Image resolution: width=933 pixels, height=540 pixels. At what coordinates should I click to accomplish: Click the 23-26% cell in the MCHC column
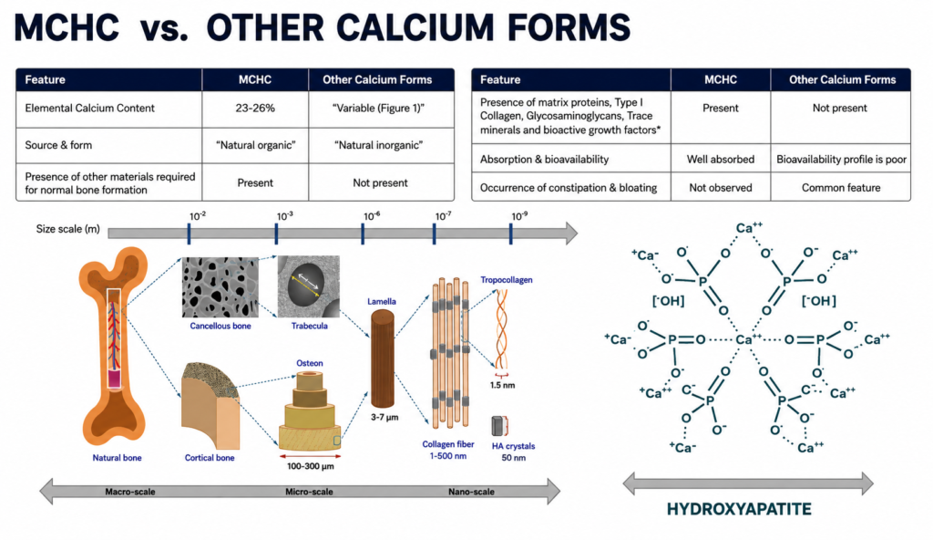click(255, 109)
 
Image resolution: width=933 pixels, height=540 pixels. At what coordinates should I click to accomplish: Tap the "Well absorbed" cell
click(720, 159)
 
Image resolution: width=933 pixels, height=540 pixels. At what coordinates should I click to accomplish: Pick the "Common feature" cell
click(841, 188)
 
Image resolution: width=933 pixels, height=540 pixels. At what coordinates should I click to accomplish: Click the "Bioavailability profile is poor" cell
click(841, 159)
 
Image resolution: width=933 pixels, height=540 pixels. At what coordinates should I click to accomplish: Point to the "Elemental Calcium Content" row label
click(90, 108)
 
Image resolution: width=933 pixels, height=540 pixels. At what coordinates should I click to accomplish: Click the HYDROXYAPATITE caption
click(739, 509)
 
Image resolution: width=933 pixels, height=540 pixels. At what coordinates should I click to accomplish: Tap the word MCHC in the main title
click(67, 27)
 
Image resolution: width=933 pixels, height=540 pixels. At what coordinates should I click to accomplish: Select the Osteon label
click(310, 363)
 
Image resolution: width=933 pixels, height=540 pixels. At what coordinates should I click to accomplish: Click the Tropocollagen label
click(507, 279)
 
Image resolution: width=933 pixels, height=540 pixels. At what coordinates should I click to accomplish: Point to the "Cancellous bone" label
click(220, 326)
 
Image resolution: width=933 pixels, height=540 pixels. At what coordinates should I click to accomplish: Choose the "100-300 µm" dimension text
click(310, 466)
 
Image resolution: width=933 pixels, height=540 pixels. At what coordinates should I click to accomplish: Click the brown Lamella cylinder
click(382, 358)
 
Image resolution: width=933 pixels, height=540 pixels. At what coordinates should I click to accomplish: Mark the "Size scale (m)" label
click(67, 229)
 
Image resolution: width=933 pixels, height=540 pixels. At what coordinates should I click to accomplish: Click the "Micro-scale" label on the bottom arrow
click(309, 492)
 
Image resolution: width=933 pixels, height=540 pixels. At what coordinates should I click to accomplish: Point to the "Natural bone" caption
click(117, 458)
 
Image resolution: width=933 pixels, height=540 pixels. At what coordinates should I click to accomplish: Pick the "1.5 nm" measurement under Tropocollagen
click(502, 385)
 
